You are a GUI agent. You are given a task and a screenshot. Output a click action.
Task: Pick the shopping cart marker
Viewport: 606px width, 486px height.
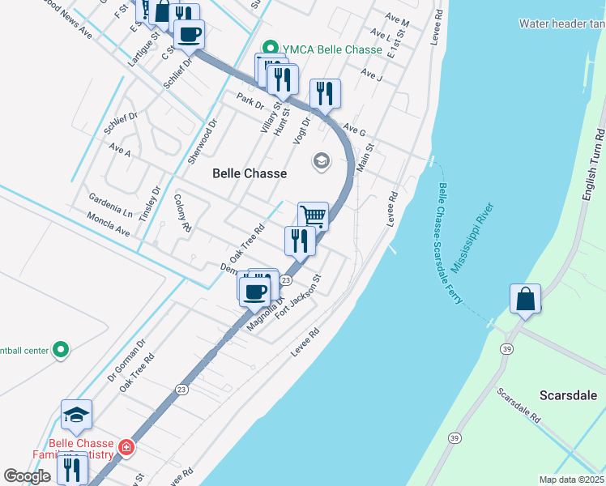[313, 216]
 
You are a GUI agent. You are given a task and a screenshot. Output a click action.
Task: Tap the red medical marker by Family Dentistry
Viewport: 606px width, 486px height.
[126, 447]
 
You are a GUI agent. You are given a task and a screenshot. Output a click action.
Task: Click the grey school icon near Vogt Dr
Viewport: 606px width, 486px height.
[322, 162]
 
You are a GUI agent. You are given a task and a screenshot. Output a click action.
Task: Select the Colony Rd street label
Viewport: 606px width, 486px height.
[182, 213]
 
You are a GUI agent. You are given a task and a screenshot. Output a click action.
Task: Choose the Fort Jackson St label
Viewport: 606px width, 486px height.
[299, 296]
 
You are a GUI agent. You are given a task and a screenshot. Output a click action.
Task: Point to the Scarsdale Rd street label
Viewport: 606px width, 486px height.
[519, 406]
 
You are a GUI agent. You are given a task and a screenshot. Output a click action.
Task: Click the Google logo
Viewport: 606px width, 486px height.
[28, 476]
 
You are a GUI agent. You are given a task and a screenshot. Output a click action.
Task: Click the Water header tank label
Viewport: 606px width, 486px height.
[562, 23]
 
